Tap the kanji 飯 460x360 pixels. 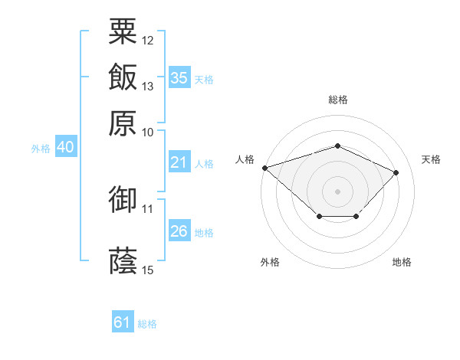[123, 77]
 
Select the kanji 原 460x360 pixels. [123, 123]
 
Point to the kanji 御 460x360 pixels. [123, 200]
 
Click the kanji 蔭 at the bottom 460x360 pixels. [123, 259]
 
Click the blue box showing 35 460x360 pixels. [179, 77]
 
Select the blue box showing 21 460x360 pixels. [179, 162]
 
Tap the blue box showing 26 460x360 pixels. [179, 231]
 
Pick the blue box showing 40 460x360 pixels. [64, 148]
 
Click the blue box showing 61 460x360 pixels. [123, 322]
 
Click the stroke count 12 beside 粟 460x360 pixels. [148, 40]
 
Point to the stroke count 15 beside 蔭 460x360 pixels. [148, 270]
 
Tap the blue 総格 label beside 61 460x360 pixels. [147, 324]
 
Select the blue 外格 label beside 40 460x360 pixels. [41, 149]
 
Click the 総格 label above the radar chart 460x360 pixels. [337, 100]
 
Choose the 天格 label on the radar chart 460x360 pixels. [431, 159]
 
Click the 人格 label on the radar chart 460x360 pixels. [245, 159]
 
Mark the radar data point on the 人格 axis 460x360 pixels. [264, 168]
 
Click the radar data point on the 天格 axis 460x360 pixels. [396, 172]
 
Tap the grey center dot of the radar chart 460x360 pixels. [337, 190]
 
